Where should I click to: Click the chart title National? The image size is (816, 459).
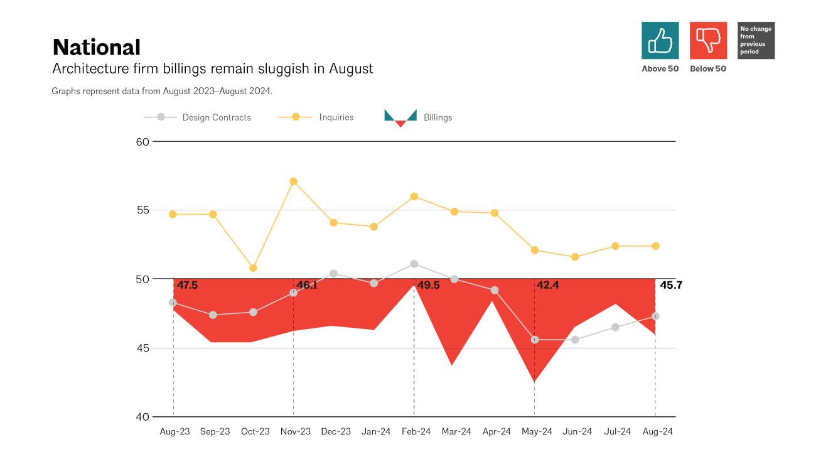click(x=96, y=48)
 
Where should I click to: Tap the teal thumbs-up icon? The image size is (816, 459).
click(x=660, y=41)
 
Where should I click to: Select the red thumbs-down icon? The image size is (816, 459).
click(x=708, y=41)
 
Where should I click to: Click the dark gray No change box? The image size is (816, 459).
click(x=756, y=41)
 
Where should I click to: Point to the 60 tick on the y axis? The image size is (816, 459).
click(x=142, y=142)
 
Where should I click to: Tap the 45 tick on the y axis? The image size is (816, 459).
click(x=142, y=348)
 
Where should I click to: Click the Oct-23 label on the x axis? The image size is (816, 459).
click(x=255, y=432)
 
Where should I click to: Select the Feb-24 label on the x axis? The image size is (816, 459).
click(x=416, y=432)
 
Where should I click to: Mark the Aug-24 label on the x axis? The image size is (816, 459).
click(x=657, y=432)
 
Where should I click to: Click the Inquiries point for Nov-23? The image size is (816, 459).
click(x=293, y=181)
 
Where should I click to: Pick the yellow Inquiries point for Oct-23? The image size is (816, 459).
click(x=253, y=268)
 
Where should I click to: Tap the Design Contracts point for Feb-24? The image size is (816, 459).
click(x=414, y=264)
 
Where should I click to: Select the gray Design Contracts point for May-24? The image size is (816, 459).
click(x=535, y=340)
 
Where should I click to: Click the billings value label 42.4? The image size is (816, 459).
click(x=548, y=286)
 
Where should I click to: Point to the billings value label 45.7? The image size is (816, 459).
click(x=671, y=286)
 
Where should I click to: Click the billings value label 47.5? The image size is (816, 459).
click(x=187, y=286)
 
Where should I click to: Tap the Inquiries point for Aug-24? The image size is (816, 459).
click(x=655, y=246)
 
